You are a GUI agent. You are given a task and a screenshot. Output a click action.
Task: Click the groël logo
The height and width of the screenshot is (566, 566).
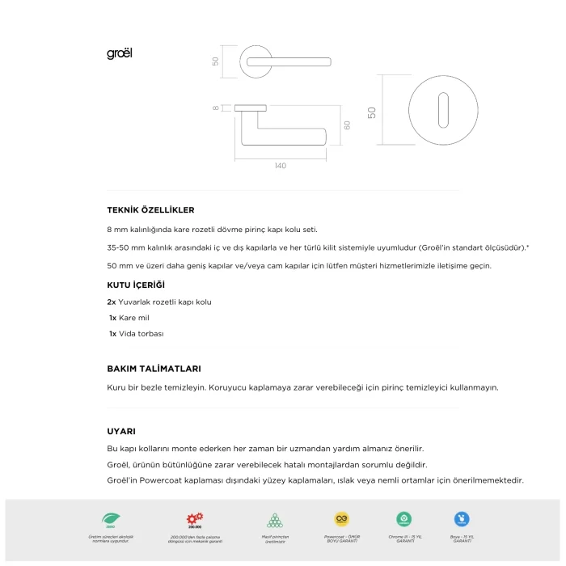[119, 54]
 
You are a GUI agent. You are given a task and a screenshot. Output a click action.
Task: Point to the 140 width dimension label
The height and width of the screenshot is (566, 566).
[280, 166]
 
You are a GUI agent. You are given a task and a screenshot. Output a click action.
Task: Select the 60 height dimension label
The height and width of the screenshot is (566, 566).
[346, 125]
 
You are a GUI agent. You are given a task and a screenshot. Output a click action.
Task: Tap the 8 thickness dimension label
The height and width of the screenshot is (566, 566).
[217, 108]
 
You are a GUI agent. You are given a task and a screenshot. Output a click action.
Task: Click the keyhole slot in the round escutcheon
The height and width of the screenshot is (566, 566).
[443, 112]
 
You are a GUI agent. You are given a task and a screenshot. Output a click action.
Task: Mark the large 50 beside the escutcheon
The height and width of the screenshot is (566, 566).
[372, 112]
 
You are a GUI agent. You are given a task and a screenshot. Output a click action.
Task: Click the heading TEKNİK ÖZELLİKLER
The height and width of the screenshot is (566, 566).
[150, 210]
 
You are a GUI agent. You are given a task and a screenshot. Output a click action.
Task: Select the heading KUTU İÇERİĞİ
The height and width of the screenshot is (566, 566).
[135, 285]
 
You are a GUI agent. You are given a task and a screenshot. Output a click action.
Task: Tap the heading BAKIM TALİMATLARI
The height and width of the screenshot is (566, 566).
[154, 368]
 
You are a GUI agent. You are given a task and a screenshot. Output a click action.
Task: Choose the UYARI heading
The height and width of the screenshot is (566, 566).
[121, 431]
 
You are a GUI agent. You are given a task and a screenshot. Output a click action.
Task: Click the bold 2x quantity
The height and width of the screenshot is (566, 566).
[112, 302]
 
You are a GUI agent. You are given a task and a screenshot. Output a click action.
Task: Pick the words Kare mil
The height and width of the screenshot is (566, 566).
[133, 318]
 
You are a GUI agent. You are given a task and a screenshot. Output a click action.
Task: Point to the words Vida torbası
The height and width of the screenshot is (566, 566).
[141, 333]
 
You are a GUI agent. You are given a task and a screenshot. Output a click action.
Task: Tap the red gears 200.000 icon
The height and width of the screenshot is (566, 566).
[195, 519]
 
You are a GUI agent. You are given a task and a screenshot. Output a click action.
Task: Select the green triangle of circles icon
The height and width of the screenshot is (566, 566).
[274, 519]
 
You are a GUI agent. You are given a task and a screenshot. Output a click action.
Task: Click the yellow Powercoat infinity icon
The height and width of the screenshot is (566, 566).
[341, 519]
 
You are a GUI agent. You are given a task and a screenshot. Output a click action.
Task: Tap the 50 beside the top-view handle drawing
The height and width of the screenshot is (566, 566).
[216, 61]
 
